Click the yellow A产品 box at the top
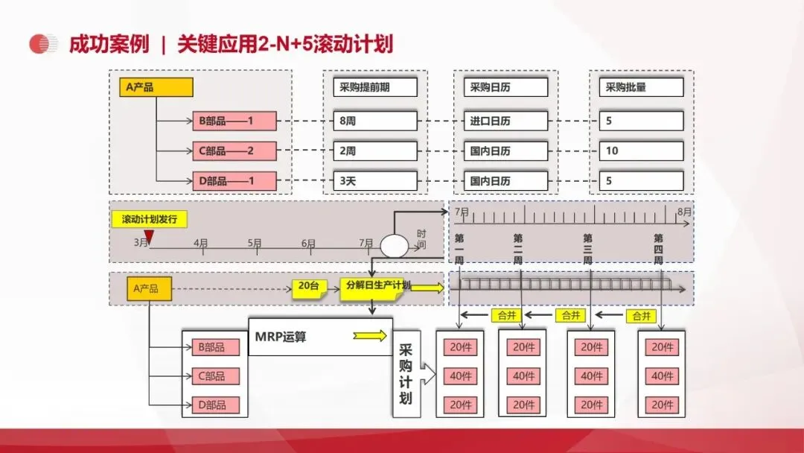pos(156,87)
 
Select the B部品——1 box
pos(234,121)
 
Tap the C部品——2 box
pos(234,151)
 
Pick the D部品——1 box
pos(234,180)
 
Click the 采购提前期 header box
pos(374,87)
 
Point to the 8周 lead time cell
pos(374,121)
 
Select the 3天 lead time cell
pos(374,180)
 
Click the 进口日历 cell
pos(505,121)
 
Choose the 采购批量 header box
pos(641,87)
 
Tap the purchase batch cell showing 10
pos(641,151)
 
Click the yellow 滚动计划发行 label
pos(150,219)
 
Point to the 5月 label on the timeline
pos(255,243)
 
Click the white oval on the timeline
pos(395,245)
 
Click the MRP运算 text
pos(281,337)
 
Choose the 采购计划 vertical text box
pos(406,374)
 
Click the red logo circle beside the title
pos(43,45)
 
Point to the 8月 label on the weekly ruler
pos(683,212)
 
